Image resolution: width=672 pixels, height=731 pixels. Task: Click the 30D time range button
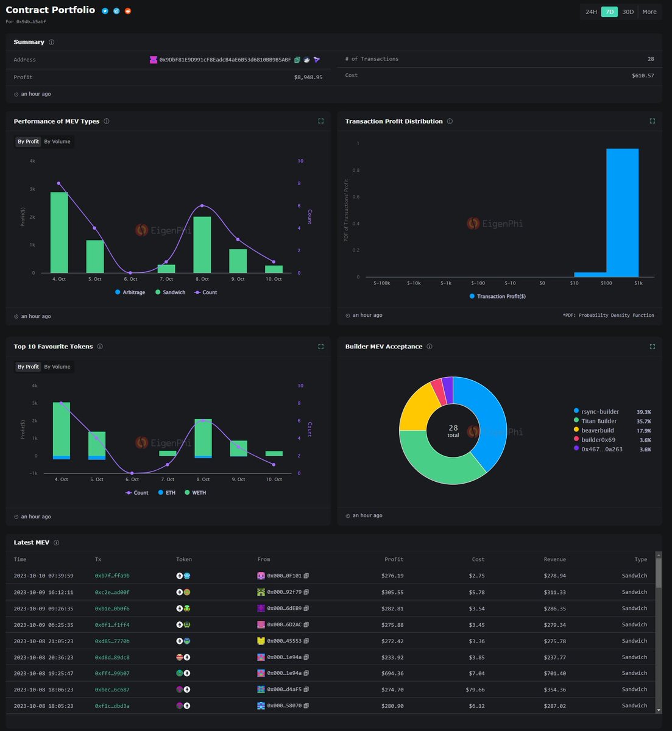[628, 12]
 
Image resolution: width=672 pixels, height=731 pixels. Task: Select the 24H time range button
[591, 12]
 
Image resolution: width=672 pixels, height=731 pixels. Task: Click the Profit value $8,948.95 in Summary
[308, 77]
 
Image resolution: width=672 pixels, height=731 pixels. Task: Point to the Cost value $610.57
[643, 76]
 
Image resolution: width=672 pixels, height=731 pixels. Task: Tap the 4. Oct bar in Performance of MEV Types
[59, 232]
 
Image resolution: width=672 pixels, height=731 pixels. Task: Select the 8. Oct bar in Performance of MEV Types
[202, 244]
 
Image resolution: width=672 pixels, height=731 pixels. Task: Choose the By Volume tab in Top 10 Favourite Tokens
[57, 367]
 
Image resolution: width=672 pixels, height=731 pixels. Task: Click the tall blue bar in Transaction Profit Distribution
[622, 213]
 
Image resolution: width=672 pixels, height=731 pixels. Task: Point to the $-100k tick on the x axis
[381, 283]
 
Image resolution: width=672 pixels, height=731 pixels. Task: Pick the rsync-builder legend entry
[599, 412]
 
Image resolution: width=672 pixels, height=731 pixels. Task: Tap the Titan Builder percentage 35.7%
[643, 422]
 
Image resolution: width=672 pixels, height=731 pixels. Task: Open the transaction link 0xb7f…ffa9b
[112, 576]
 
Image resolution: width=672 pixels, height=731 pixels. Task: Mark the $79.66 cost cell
[475, 690]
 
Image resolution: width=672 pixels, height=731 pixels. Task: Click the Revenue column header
[554, 559]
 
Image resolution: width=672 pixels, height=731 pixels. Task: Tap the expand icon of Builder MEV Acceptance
[652, 347]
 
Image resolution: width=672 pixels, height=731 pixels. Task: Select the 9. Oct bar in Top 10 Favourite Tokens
[238, 448]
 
